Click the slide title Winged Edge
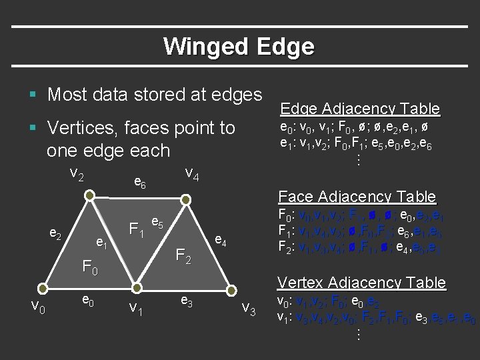pos(238,47)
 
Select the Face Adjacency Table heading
pos(357,197)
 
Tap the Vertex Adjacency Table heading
pos(362,283)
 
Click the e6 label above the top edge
pos(141,181)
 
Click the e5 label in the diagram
pos(159,222)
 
